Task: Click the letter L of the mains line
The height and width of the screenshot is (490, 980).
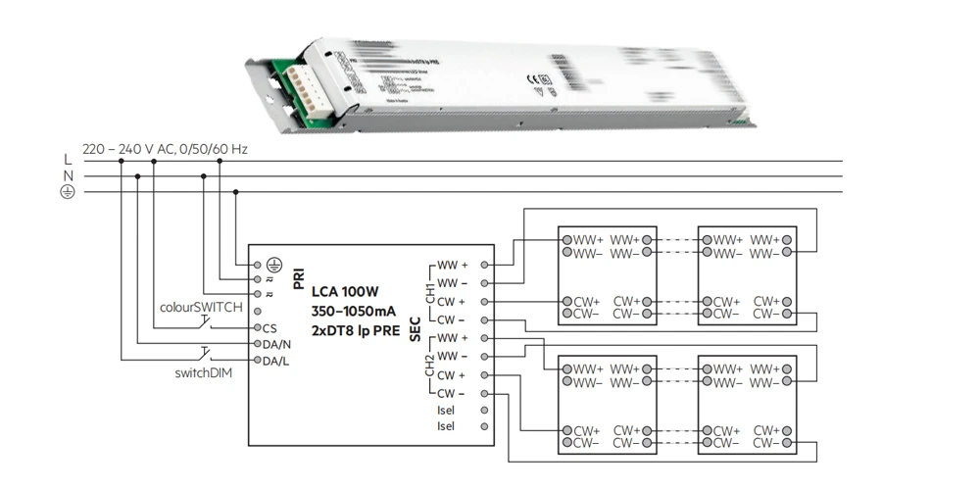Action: pyautogui.click(x=67, y=160)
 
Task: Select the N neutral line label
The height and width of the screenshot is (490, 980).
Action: pyautogui.click(x=67, y=176)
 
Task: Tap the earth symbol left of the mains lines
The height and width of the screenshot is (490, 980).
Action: pyautogui.click(x=67, y=192)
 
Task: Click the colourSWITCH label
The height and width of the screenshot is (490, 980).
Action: pyautogui.click(x=201, y=307)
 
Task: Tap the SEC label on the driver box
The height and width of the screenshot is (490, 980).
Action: pyautogui.click(x=415, y=329)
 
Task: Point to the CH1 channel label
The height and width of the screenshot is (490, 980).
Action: pyautogui.click(x=429, y=292)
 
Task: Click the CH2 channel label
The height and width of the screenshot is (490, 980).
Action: pyautogui.click(x=429, y=366)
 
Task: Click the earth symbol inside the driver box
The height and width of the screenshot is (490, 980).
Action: pyautogui.click(x=275, y=265)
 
